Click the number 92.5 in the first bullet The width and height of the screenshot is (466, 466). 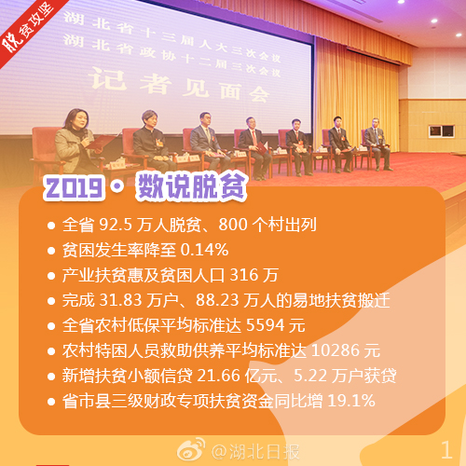pyautogui.click(x=116, y=225)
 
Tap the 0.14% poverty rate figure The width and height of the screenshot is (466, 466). pyautogui.click(x=204, y=250)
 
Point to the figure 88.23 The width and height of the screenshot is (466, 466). pyautogui.click(x=217, y=300)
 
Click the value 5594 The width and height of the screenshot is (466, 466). pyautogui.click(x=266, y=325)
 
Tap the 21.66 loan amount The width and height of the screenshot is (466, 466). pyautogui.click(x=218, y=376)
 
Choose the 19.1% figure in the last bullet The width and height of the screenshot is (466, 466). pyautogui.click(x=351, y=401)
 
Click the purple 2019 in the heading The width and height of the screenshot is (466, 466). pyautogui.click(x=74, y=188)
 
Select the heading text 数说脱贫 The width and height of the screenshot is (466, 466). pyautogui.click(x=191, y=186)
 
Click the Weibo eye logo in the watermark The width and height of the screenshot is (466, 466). pyautogui.click(x=191, y=449)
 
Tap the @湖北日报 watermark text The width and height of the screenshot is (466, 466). pyautogui.click(x=255, y=451)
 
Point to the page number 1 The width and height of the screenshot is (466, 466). pyautogui.click(x=446, y=450)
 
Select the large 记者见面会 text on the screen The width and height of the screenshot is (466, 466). pyautogui.click(x=180, y=86)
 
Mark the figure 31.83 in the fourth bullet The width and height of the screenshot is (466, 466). pyautogui.click(x=120, y=300)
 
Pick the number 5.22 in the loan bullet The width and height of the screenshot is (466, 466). pyautogui.click(x=310, y=376)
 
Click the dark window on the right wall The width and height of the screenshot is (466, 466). pyautogui.click(x=442, y=131)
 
